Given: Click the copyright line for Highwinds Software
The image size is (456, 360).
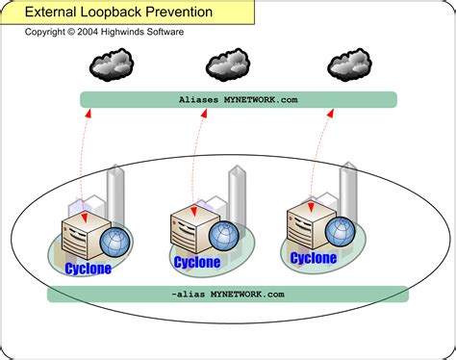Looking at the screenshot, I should click(104, 32).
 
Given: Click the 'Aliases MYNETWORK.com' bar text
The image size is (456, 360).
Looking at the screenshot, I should click(237, 99).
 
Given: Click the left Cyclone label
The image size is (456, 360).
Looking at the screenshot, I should click(88, 269).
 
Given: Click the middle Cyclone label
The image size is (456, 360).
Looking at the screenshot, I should click(197, 261).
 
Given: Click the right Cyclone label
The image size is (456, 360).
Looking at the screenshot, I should click(314, 258).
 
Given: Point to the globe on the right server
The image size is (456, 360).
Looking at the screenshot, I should click(339, 231).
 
